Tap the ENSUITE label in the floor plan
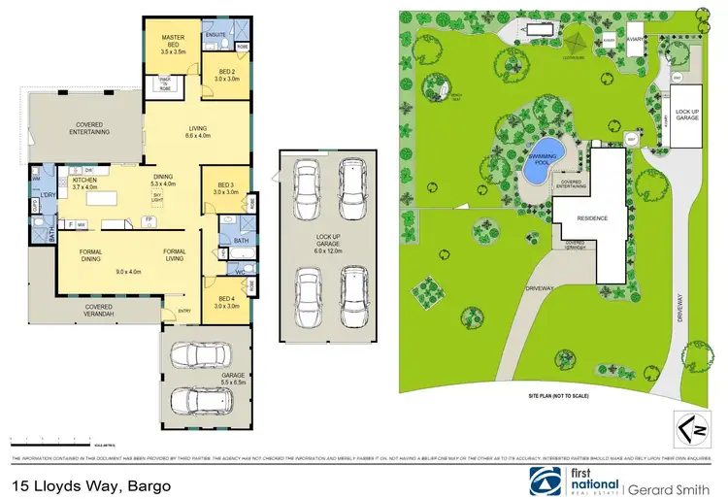pyautogui.click(x=215, y=36)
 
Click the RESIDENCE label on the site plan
pyautogui.click(x=593, y=218)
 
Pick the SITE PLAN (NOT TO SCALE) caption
pyautogui.click(x=559, y=396)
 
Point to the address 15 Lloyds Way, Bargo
pyautogui.click(x=92, y=484)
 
